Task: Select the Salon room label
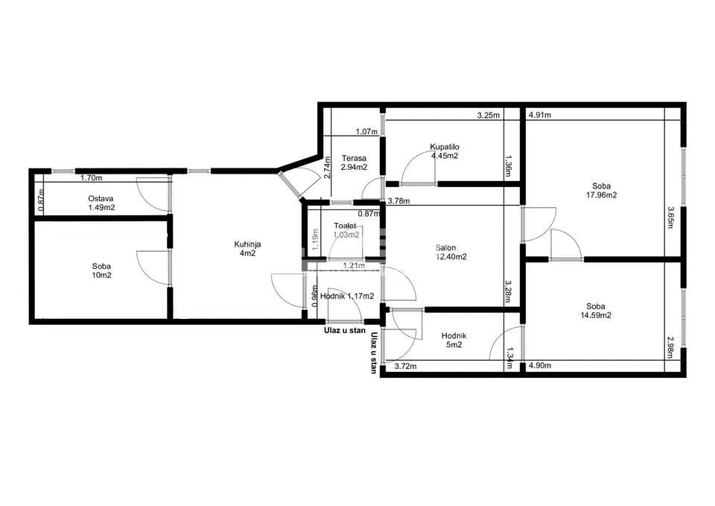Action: coord(447,248)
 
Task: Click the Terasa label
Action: coord(352,158)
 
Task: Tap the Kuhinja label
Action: coord(247,244)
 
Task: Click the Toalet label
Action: coord(346,225)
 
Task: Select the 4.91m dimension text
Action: coord(540,116)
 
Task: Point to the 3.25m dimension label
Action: coord(489,116)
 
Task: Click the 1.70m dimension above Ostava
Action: coord(91,178)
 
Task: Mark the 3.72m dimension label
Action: coord(405,366)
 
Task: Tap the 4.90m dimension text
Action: coord(540,366)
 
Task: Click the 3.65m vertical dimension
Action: coord(671,219)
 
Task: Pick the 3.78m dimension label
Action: coord(401,200)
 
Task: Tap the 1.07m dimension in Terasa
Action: coord(366,132)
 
